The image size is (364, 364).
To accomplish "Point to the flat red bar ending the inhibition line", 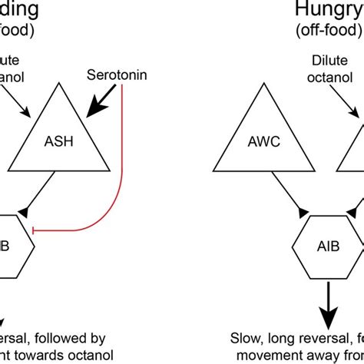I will click(x=41, y=228).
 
